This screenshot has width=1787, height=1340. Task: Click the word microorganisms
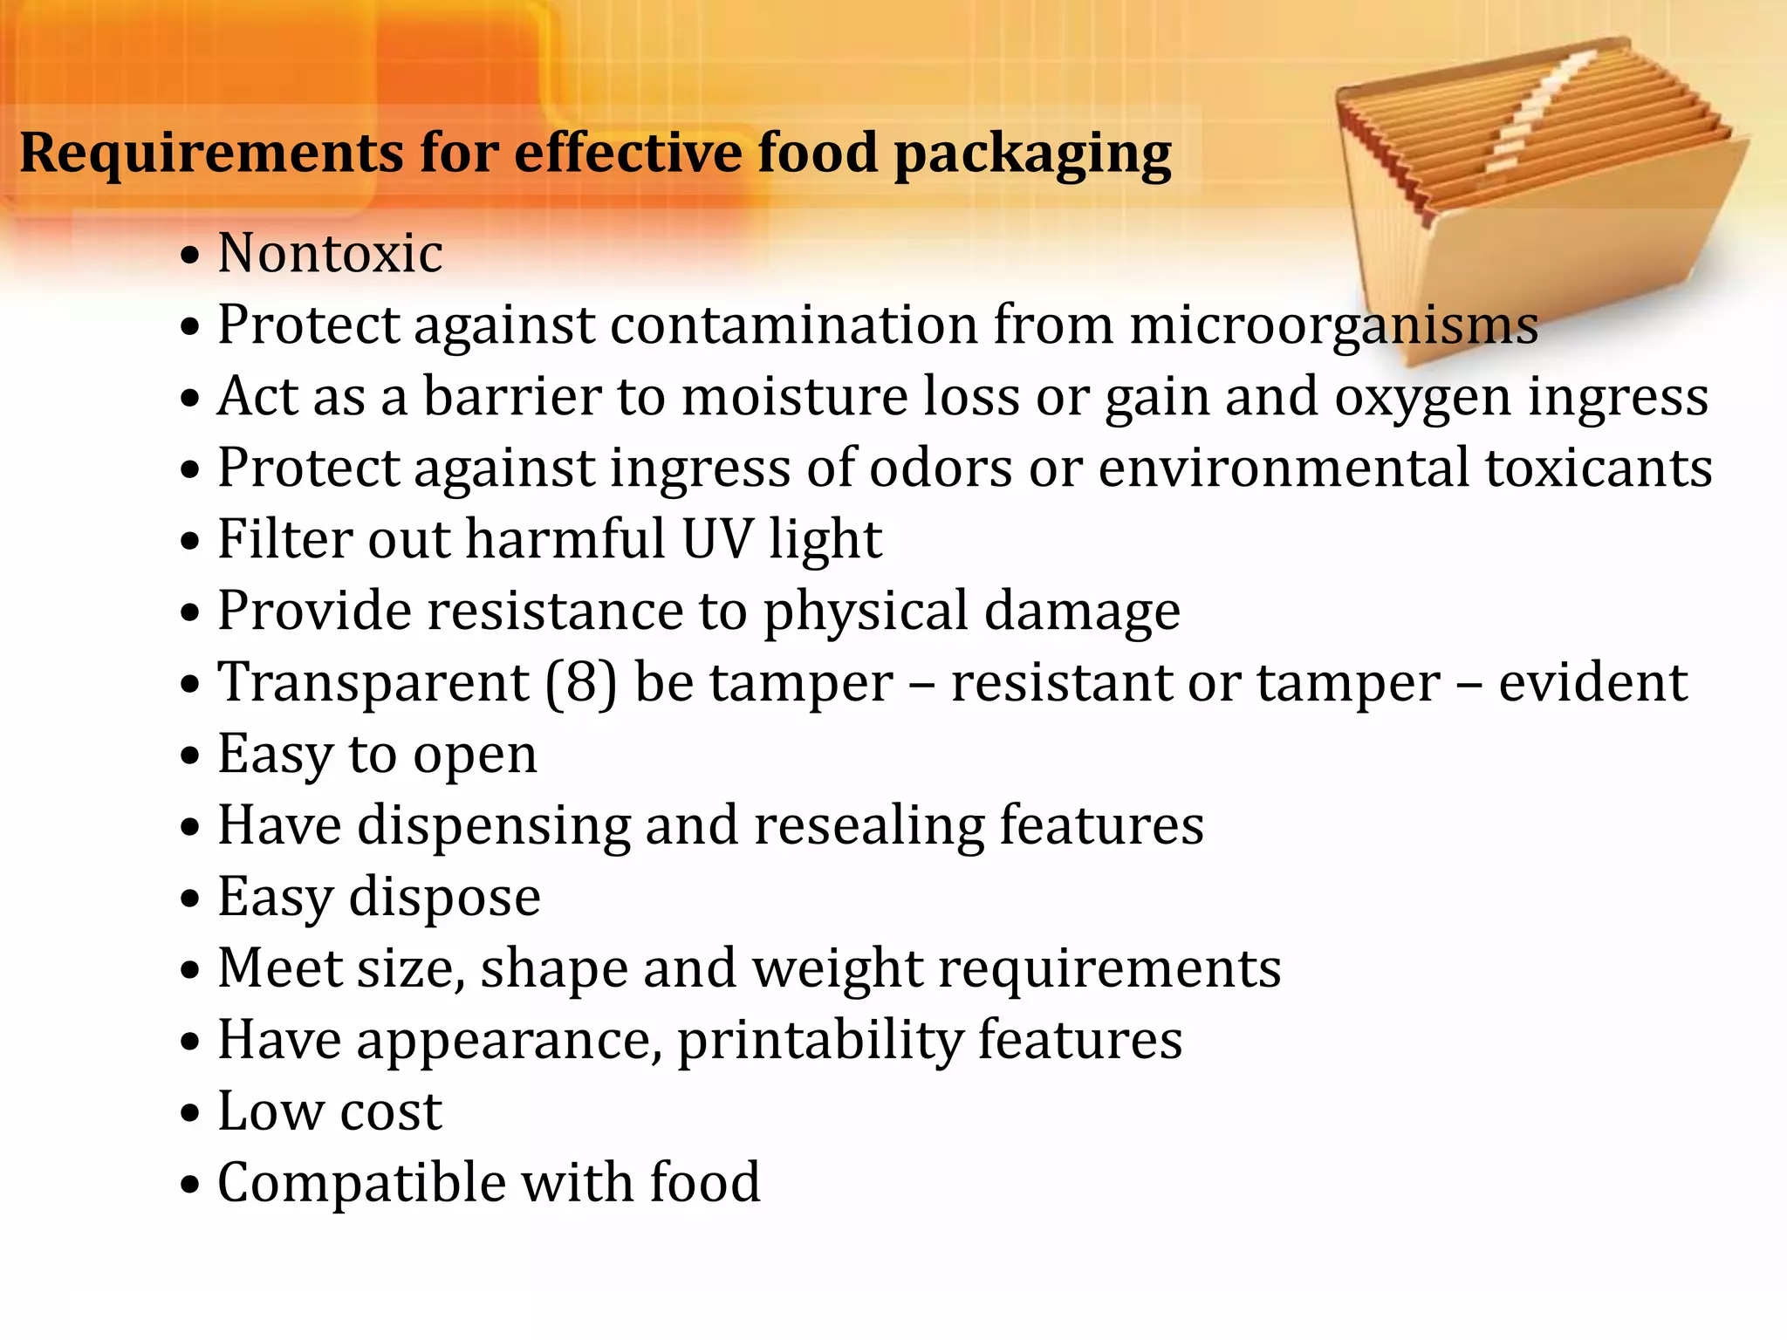click(x=1333, y=325)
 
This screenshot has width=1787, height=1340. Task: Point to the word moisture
click(x=795, y=397)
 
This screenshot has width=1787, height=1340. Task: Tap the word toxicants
click(x=1599, y=468)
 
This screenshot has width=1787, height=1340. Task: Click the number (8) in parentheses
click(x=581, y=682)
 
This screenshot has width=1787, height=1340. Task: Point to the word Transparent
click(x=373, y=683)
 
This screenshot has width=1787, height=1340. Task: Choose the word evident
click(x=1592, y=682)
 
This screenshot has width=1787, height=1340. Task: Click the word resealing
click(x=868, y=826)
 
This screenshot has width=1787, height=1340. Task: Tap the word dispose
click(x=444, y=899)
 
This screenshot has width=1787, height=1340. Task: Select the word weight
click(x=837, y=969)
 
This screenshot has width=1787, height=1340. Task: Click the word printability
click(x=819, y=1041)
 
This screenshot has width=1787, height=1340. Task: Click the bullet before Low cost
click(x=190, y=1114)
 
